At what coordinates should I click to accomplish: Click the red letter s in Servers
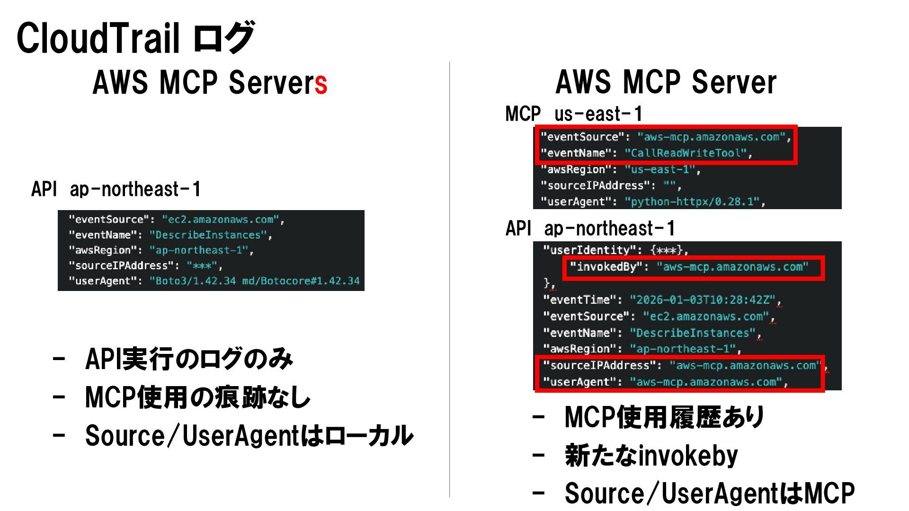tap(321, 84)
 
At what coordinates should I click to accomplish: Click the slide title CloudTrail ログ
tap(135, 38)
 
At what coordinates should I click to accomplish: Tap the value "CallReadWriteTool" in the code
tap(687, 153)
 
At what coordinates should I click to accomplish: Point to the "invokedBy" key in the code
tap(606, 267)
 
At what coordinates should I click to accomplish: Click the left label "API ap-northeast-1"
tap(116, 189)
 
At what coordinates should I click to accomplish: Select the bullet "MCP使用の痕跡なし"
tap(197, 397)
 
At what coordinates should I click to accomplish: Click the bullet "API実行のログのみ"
tap(189, 359)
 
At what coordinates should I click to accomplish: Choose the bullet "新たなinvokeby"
tap(651, 456)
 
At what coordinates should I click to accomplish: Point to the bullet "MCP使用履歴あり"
tap(664, 417)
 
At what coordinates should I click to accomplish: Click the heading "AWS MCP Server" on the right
tap(666, 82)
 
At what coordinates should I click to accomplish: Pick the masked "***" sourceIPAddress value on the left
tap(202, 266)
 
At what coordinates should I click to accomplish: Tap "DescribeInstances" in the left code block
tap(208, 235)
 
